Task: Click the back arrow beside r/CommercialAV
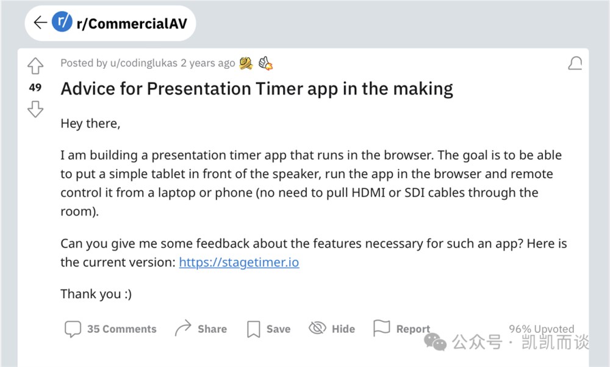pos(40,23)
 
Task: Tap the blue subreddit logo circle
pos(62,21)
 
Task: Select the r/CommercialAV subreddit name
pos(132,24)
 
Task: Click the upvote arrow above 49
pos(35,66)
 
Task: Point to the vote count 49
pos(35,87)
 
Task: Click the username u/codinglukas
pos(143,63)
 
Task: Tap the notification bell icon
pos(575,63)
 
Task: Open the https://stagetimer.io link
pos(239,262)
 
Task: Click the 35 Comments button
pos(110,329)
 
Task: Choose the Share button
pos(201,329)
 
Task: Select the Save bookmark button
pos(269,329)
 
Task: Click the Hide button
pos(332,329)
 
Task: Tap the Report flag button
pos(401,329)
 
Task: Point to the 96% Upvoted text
pos(542,329)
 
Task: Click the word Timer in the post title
pos(279,89)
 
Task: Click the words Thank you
pos(91,294)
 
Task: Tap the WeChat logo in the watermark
pos(435,342)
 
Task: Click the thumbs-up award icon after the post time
pos(266,63)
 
